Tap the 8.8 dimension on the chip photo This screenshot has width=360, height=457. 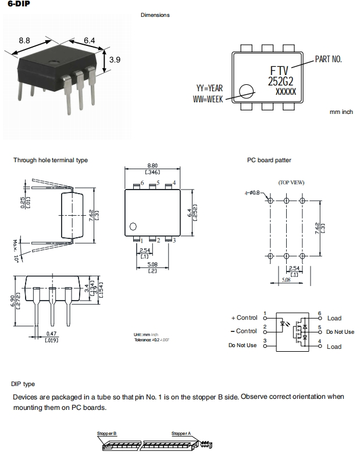pos(24,41)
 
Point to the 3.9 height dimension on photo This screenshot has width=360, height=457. pos(115,59)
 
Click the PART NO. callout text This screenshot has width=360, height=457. pos(328,59)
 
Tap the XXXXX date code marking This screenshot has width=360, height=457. pos(285,92)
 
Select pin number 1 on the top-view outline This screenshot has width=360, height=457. pos(141,240)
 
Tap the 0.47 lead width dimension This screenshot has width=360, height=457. pos(52,334)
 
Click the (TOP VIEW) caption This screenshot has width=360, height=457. pos(291,182)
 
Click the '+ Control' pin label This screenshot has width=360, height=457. pos(244,317)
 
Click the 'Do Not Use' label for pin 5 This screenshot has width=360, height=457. pos(340,332)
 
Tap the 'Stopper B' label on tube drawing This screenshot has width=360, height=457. pos(107,434)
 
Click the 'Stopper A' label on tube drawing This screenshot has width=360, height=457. pos(181,434)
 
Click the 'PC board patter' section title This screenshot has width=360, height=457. pos(269,160)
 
